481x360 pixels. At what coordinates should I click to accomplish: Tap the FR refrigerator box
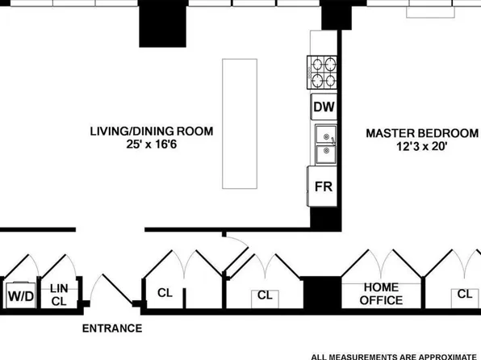[x=324, y=186]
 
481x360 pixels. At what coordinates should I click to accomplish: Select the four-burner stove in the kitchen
[x=322, y=72]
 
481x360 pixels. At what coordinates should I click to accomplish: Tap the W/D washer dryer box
[x=22, y=296]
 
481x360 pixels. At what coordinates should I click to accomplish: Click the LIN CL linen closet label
[x=59, y=295]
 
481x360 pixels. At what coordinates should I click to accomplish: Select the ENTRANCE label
[x=112, y=329]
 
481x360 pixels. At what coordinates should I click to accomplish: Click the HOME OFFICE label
[x=381, y=294]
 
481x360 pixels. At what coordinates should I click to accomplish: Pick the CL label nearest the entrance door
[x=165, y=293]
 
